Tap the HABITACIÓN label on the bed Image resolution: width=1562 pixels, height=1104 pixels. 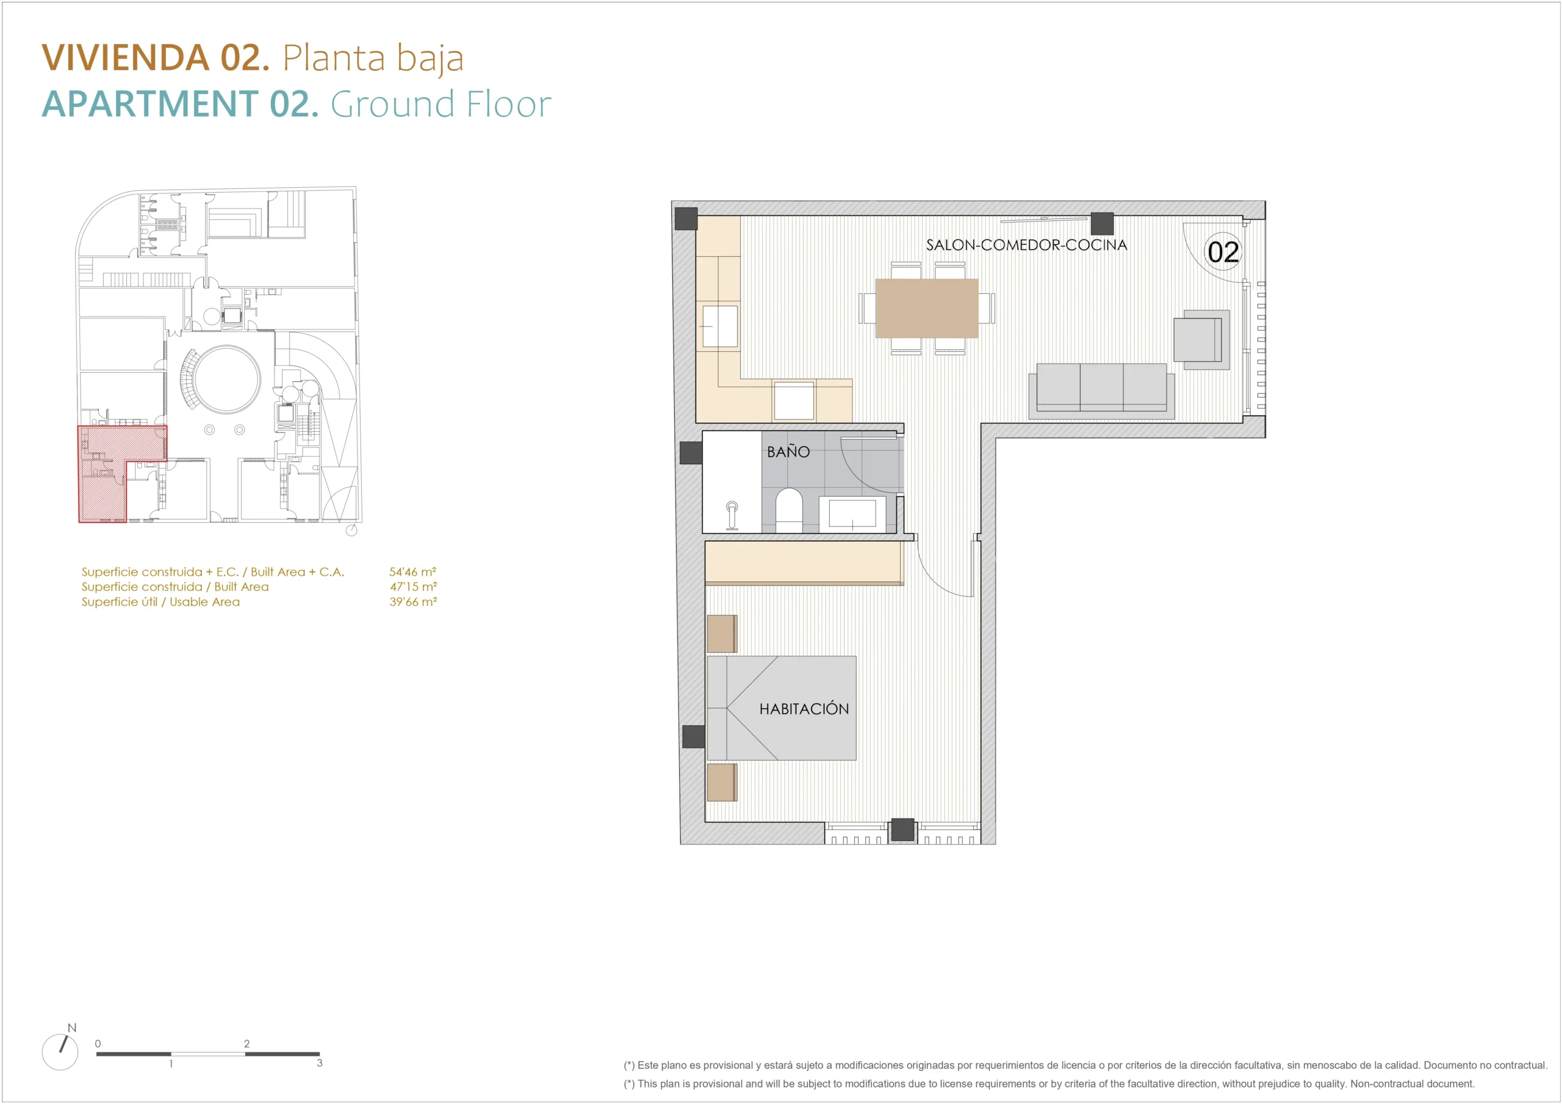pos(804,708)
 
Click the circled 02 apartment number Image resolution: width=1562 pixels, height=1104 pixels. pos(1223,252)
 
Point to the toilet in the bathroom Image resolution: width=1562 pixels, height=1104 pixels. pos(789,509)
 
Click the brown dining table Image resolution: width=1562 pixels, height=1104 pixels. pos(927,308)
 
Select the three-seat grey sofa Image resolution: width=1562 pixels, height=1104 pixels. pos(1101,390)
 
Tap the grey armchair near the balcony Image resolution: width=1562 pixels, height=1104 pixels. pos(1201,339)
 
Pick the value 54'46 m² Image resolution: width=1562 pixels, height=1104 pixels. pos(412,572)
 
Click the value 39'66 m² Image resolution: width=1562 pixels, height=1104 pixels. pos(413,601)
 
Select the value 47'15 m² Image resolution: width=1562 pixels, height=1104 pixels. pos(413,586)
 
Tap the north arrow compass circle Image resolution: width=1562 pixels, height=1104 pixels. pos(60,1052)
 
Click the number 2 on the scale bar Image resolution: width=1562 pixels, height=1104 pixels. pos(247,1044)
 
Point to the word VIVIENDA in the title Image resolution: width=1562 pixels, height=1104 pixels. pos(126,57)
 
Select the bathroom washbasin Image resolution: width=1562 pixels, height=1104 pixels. pos(852,514)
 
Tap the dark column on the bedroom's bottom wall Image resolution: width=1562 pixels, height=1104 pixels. pos(903,829)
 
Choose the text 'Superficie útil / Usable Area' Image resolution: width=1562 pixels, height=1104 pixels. pos(160,602)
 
